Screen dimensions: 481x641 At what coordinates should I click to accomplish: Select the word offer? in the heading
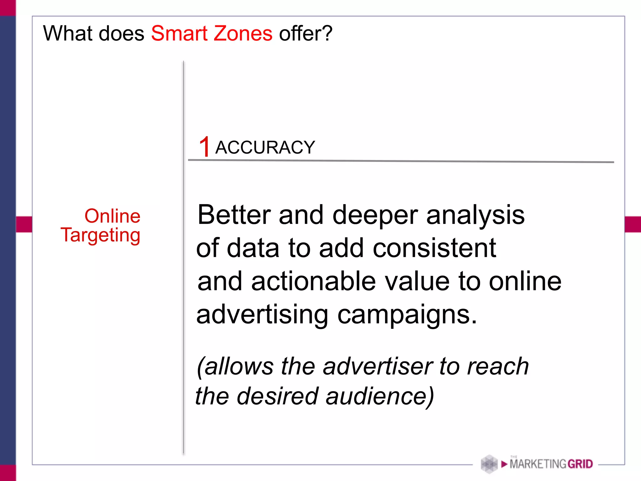(x=306, y=34)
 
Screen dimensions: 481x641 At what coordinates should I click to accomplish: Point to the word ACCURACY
(x=265, y=147)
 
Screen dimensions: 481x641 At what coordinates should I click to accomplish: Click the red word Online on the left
(x=112, y=216)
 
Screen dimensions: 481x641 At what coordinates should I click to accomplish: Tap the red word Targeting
(x=100, y=235)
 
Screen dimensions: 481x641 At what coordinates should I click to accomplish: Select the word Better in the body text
(x=234, y=215)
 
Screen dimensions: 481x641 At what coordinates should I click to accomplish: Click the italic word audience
(x=379, y=396)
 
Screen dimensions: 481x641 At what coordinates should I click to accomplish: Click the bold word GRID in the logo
(x=580, y=464)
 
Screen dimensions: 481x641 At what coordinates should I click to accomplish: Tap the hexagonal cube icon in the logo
(x=489, y=464)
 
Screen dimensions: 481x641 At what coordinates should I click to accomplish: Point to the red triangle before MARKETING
(x=504, y=464)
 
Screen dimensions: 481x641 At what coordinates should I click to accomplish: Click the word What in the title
(x=67, y=34)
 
